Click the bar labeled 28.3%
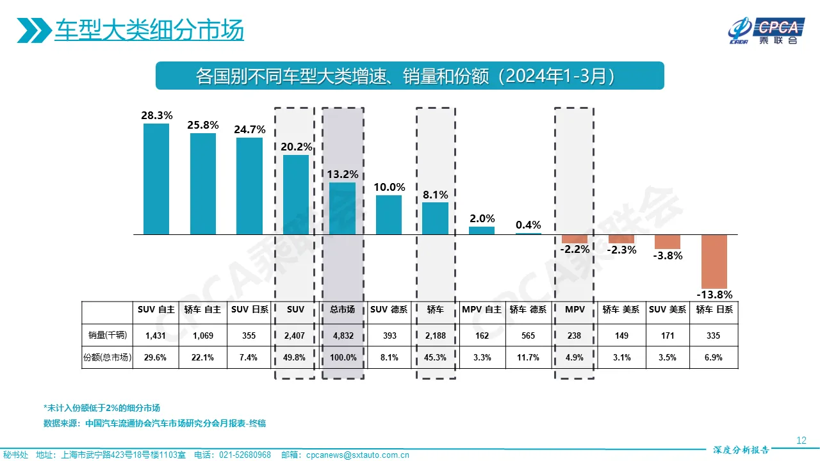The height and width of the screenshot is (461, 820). coord(156,179)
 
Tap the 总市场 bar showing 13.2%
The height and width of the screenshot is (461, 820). coord(342,208)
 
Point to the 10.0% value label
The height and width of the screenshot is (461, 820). coord(389,188)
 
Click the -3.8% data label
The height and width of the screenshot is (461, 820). coord(668,255)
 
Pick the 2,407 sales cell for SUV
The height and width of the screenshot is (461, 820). coord(295,336)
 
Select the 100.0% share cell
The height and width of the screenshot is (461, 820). coord(342,358)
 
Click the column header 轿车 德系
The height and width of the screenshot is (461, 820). coord(528,309)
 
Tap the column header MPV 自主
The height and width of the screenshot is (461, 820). coord(482,309)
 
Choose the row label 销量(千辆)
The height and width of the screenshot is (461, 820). coord(106,336)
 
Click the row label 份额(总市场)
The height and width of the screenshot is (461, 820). coord(107,358)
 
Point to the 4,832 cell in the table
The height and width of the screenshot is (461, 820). coord(342,336)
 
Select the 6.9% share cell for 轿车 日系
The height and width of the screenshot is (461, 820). coord(714,358)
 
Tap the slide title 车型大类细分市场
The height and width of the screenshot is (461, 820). coord(149,31)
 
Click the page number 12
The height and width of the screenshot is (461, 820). coord(801,441)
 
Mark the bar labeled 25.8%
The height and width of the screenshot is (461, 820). coord(202,184)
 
